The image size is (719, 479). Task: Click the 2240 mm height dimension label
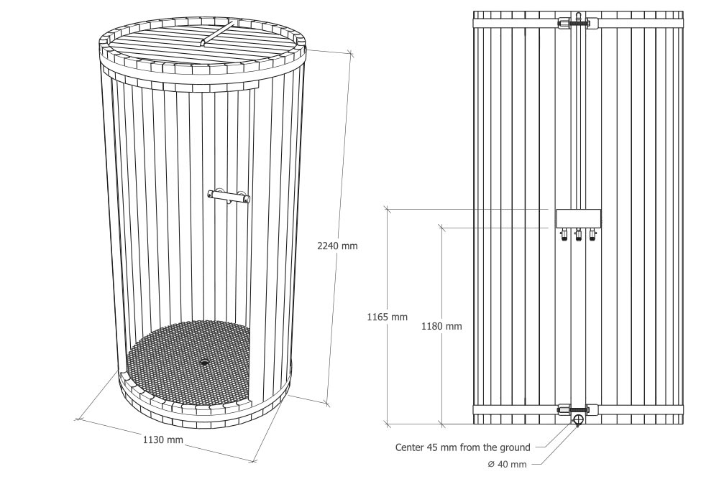pyautogui.click(x=337, y=246)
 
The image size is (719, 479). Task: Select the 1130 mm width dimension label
pyautogui.click(x=162, y=440)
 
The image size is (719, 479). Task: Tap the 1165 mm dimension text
pyautogui.click(x=387, y=317)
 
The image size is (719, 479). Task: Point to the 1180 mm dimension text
pyautogui.click(x=441, y=327)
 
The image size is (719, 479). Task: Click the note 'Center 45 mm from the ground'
pyautogui.click(x=462, y=447)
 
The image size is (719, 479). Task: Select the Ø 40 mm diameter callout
pyautogui.click(x=507, y=465)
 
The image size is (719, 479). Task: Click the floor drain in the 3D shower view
pyautogui.click(x=204, y=363)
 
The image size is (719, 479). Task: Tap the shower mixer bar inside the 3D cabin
pyautogui.click(x=229, y=196)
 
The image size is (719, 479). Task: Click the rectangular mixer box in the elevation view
pyautogui.click(x=578, y=219)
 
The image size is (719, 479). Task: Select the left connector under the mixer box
pyautogui.click(x=563, y=235)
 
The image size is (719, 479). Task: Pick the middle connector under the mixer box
pyautogui.click(x=578, y=235)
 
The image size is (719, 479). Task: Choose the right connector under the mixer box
pyautogui.click(x=593, y=235)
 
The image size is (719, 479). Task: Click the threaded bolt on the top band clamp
pyautogui.click(x=578, y=22)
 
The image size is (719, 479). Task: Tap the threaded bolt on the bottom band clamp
pyautogui.click(x=578, y=409)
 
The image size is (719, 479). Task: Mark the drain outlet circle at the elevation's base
pyautogui.click(x=578, y=419)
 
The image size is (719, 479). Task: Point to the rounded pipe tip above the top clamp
pyautogui.click(x=578, y=15)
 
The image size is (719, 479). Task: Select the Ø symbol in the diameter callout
pyautogui.click(x=490, y=465)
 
